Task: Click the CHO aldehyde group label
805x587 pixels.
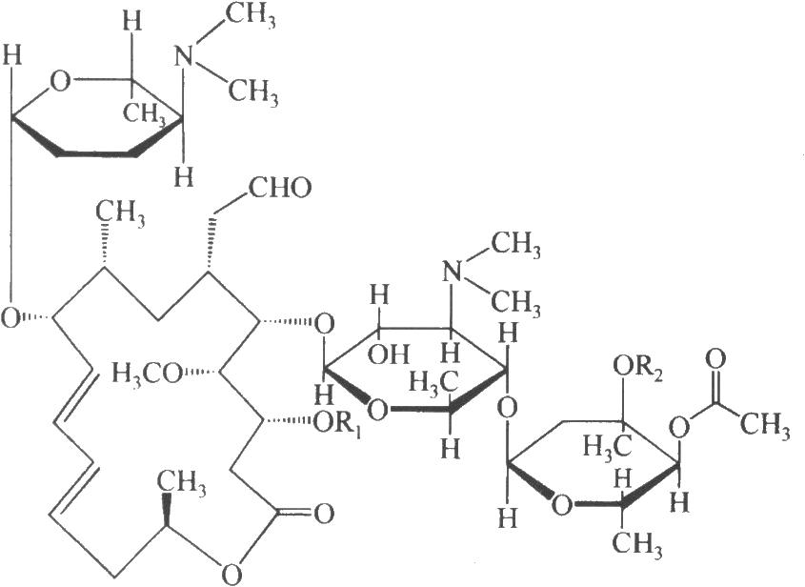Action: (x=280, y=188)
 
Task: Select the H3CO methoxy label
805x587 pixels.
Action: (x=147, y=374)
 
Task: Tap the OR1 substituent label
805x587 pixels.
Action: (x=337, y=424)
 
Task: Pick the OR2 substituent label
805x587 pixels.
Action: (x=637, y=368)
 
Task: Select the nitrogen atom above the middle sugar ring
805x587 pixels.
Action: (x=452, y=272)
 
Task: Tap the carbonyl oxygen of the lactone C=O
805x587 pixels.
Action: (x=324, y=514)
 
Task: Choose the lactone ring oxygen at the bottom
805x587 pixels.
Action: (x=232, y=571)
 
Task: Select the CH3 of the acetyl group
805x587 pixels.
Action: (x=764, y=425)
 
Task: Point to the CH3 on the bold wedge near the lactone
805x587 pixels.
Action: (x=181, y=483)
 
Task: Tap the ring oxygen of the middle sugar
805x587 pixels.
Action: (x=377, y=410)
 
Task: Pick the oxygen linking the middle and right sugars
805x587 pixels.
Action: (x=507, y=410)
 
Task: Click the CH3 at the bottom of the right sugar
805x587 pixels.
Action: (x=636, y=545)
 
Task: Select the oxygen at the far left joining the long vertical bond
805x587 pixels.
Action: (x=10, y=318)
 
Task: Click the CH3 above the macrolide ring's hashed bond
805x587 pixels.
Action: (x=120, y=213)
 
